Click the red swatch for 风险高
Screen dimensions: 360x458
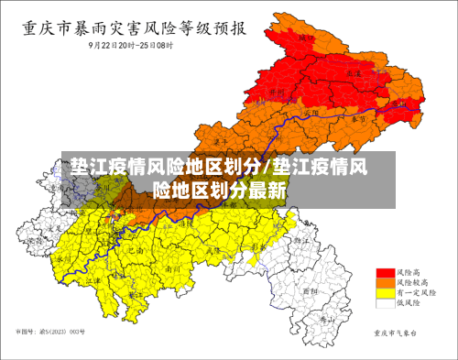(386, 273)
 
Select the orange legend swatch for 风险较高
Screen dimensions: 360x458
(386, 283)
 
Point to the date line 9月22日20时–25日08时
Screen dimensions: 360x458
(131, 43)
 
